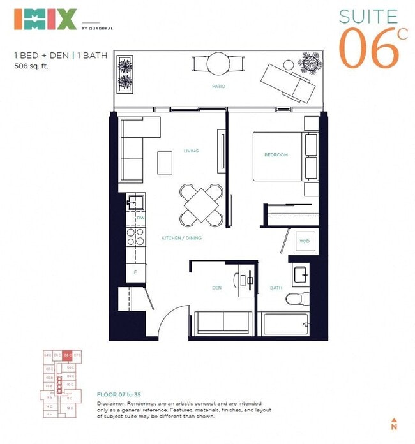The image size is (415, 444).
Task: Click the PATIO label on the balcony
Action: [218, 86]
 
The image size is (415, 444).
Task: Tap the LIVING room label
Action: [191, 151]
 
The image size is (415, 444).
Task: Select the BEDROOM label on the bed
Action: [276, 155]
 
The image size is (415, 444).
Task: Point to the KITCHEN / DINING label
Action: [181, 238]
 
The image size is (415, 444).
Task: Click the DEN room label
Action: [216, 288]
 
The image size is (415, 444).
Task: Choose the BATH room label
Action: [276, 288]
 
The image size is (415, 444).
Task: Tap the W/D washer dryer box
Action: [305, 241]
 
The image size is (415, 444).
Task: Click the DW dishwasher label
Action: [140, 218]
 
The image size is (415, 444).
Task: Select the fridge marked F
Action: [135, 272]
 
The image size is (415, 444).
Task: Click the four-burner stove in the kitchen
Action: [135, 237]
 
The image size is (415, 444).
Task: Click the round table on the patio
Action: [218, 64]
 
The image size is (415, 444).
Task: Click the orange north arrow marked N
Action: [394, 424]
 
